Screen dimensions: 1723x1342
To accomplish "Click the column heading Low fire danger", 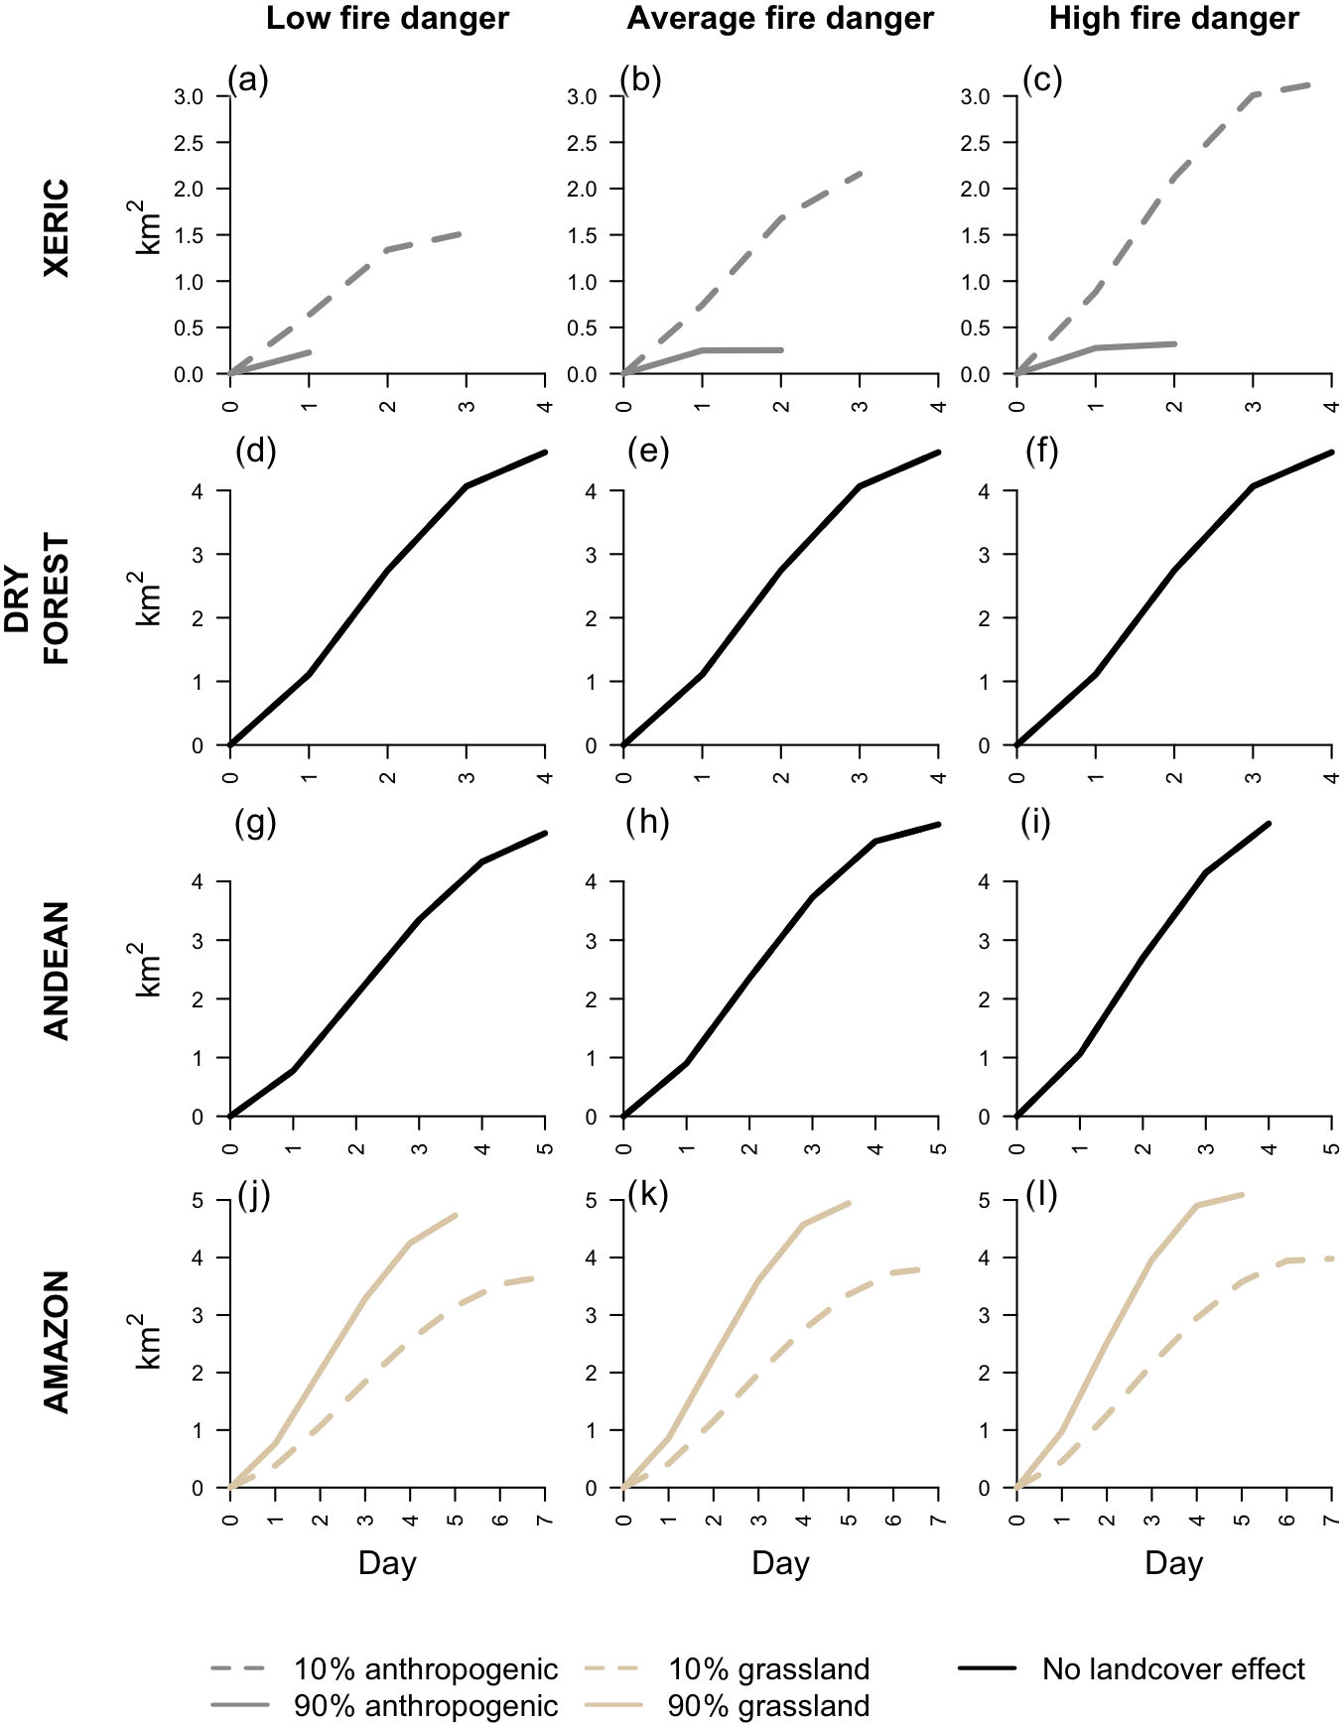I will pyautogui.click(x=387, y=19).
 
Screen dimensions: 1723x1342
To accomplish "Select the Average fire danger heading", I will pyautogui.click(x=780, y=19).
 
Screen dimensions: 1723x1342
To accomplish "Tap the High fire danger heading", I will pyautogui.click(x=1173, y=19).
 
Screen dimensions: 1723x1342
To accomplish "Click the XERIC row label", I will pyautogui.click(x=57, y=227).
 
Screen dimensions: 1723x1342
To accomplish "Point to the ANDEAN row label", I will pyautogui.click(x=57, y=970).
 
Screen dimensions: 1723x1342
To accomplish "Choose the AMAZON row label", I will pyautogui.click(x=57, y=1341).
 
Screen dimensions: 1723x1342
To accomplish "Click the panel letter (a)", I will pyautogui.click(x=248, y=79).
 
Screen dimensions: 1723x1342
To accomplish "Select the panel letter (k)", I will pyautogui.click(x=647, y=1195).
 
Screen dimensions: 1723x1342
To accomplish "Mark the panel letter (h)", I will pyautogui.click(x=648, y=823).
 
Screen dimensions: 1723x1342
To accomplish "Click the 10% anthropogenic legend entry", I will pyautogui.click(x=425, y=1669).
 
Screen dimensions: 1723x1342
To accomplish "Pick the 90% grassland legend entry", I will pyautogui.click(x=768, y=1706).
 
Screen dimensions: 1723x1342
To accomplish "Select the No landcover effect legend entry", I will pyautogui.click(x=1173, y=1669).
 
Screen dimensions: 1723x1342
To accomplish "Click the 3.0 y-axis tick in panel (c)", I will pyautogui.click(x=981, y=96).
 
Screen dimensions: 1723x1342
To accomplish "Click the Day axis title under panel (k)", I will pyautogui.click(x=780, y=1564).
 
